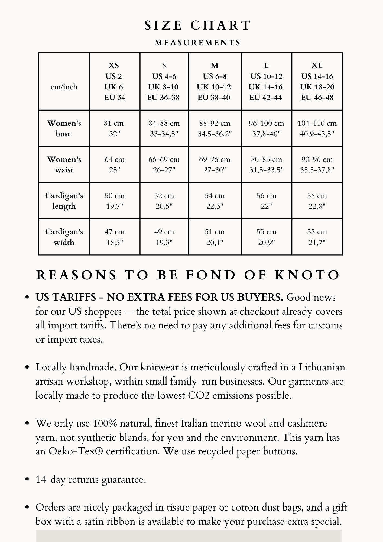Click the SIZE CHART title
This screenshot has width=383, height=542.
click(198, 25)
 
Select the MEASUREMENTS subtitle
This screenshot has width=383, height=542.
click(198, 43)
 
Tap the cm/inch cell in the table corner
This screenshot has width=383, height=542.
click(64, 87)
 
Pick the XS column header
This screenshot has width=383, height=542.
click(114, 81)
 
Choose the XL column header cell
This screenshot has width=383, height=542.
click(317, 81)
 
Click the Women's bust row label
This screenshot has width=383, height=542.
click(64, 128)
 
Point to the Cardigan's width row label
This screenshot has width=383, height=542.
click(64, 237)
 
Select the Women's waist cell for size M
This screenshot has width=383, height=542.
click(215, 164)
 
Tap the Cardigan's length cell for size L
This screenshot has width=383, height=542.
click(266, 201)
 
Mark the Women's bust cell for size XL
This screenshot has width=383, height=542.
click(317, 128)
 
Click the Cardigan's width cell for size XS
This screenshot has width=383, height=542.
click(114, 237)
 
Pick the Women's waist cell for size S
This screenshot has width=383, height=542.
click(164, 164)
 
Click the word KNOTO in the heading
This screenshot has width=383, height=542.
click(307, 275)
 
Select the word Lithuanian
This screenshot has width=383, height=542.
click(322, 367)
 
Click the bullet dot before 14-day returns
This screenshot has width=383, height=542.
click(27, 479)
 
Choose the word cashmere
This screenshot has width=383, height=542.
click(307, 424)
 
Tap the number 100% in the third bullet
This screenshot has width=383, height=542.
click(105, 424)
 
